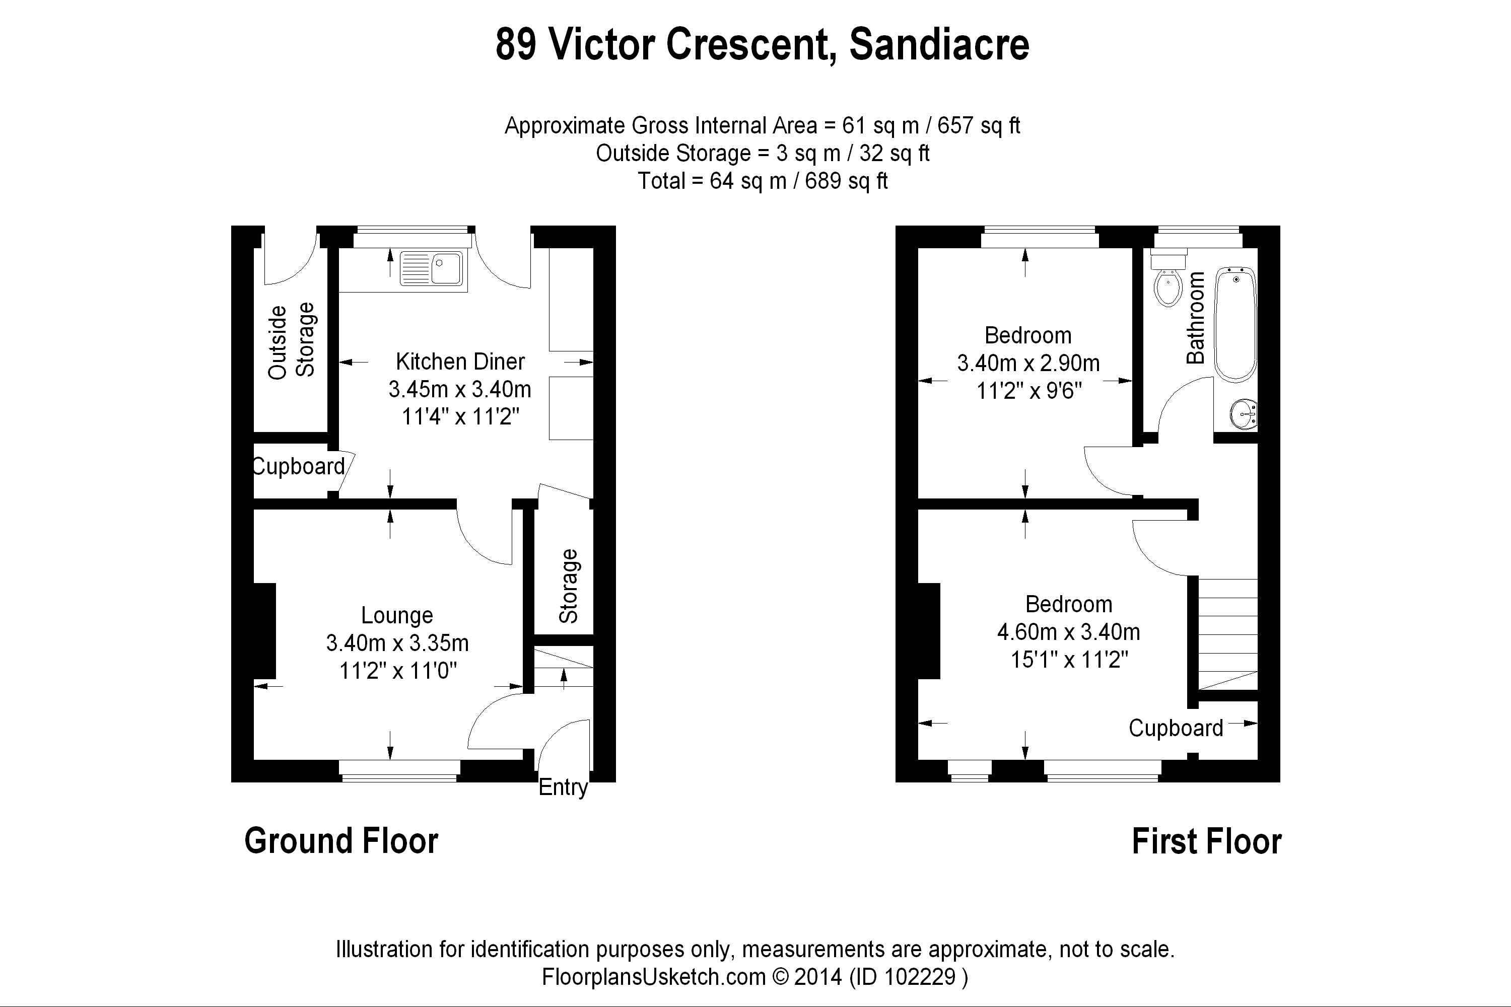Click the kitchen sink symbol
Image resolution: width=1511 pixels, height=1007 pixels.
(431, 268)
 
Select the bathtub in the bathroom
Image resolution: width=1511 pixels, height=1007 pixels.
(1235, 324)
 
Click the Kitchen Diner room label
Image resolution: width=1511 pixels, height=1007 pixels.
(460, 362)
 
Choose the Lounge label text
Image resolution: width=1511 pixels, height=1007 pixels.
(397, 615)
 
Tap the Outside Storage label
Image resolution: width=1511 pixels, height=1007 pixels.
(291, 341)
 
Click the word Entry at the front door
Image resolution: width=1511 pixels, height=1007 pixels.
(563, 787)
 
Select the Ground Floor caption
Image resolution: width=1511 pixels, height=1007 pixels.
(341, 841)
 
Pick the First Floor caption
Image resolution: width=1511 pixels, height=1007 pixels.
(1206, 841)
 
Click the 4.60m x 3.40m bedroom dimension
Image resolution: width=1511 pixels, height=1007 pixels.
(1068, 632)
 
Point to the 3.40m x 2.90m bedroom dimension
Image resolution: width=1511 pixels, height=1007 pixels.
(1028, 364)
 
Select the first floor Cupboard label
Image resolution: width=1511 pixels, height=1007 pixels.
(1176, 728)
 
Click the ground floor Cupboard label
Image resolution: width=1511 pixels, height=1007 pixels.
(299, 466)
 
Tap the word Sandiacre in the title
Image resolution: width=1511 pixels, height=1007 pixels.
(939, 45)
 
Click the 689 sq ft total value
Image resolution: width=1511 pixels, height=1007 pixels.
(846, 181)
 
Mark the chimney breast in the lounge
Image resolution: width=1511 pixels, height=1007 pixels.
(265, 631)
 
